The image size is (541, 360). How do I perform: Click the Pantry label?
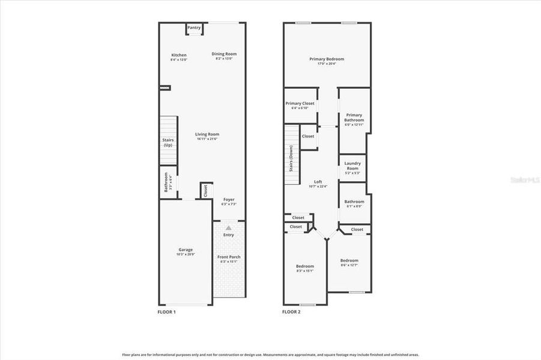pos(194,28)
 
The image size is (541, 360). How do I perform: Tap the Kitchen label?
pos(179,55)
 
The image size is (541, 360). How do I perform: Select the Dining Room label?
pos(224,54)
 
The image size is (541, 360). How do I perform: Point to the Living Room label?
pos(208,134)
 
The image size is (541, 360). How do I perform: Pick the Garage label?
pos(186,250)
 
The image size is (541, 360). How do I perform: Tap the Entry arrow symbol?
pos(228,228)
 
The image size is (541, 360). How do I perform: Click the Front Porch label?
pos(229,257)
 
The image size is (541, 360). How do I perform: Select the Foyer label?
pos(229,199)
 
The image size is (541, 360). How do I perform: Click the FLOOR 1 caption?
pos(166,312)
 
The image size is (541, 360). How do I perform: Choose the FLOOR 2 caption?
pos(291,312)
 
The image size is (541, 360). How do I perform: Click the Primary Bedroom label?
pos(327,59)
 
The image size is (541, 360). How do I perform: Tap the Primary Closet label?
pos(300,103)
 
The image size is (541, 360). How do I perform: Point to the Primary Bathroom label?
pos(354,118)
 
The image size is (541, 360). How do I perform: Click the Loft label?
pos(318,181)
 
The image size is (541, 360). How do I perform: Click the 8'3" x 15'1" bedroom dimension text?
pos(304,271)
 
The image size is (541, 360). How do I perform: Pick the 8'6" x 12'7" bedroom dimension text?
pos(349,265)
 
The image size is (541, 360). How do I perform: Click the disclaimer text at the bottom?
pos(270,355)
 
